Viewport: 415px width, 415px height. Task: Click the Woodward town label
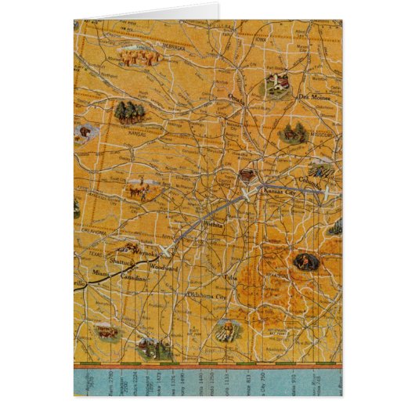pos(164,267)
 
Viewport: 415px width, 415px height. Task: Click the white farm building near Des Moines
pos(275,83)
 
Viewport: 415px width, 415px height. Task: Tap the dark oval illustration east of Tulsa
pos(305,261)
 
